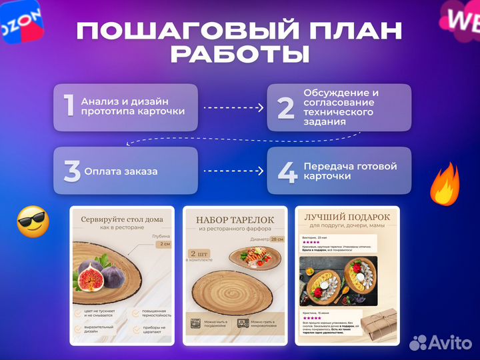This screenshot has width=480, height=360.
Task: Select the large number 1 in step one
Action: click(x=68, y=107)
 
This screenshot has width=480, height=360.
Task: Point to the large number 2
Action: click(x=286, y=107)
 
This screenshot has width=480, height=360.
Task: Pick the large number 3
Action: click(x=72, y=171)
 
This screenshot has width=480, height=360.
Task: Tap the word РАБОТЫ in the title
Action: click(x=239, y=55)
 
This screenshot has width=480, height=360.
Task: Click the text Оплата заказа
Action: click(x=121, y=171)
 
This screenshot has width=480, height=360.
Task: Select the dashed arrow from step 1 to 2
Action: click(x=233, y=107)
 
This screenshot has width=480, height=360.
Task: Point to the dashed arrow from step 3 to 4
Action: click(x=233, y=171)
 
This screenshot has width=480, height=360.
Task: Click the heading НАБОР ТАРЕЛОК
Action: click(x=235, y=219)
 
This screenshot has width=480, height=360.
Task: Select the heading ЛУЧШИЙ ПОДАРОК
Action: click(x=347, y=217)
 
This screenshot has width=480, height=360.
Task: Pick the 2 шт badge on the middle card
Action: click(x=201, y=255)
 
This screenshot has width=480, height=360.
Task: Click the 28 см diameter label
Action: click(x=276, y=239)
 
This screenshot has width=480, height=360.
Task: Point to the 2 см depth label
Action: click(x=165, y=244)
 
